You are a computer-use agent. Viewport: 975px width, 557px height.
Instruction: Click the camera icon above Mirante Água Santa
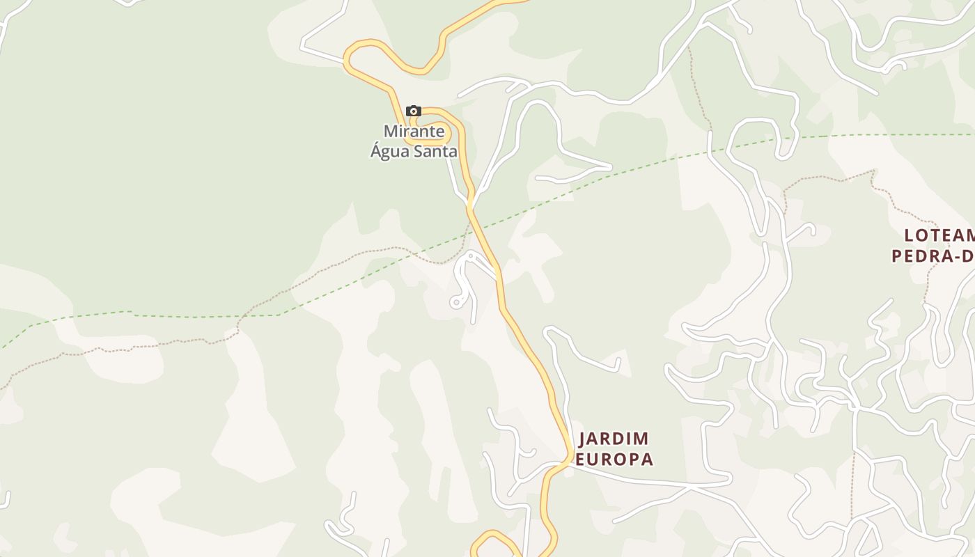(414, 111)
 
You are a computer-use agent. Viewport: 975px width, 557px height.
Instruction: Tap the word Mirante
(414, 131)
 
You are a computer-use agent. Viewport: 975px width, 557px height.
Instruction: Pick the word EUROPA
(614, 460)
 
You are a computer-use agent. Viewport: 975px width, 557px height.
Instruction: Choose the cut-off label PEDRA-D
(933, 256)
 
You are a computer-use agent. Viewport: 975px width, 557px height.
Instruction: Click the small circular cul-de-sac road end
(456, 302)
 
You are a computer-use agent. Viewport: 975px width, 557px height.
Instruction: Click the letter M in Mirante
(390, 131)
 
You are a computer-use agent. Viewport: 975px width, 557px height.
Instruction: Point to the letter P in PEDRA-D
(898, 256)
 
